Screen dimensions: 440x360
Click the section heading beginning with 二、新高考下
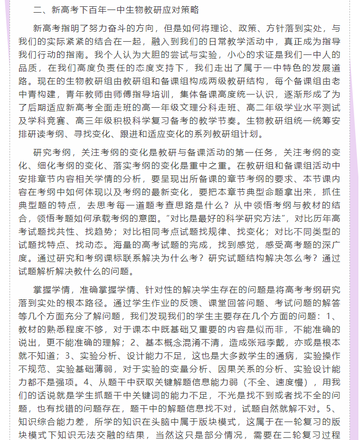(116, 10)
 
